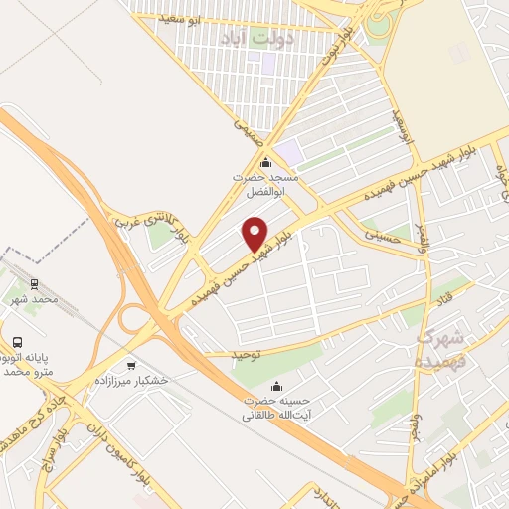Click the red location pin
tap(255, 233)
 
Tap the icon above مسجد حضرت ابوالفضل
tap(264, 163)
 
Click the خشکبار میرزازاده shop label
tap(131, 381)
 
